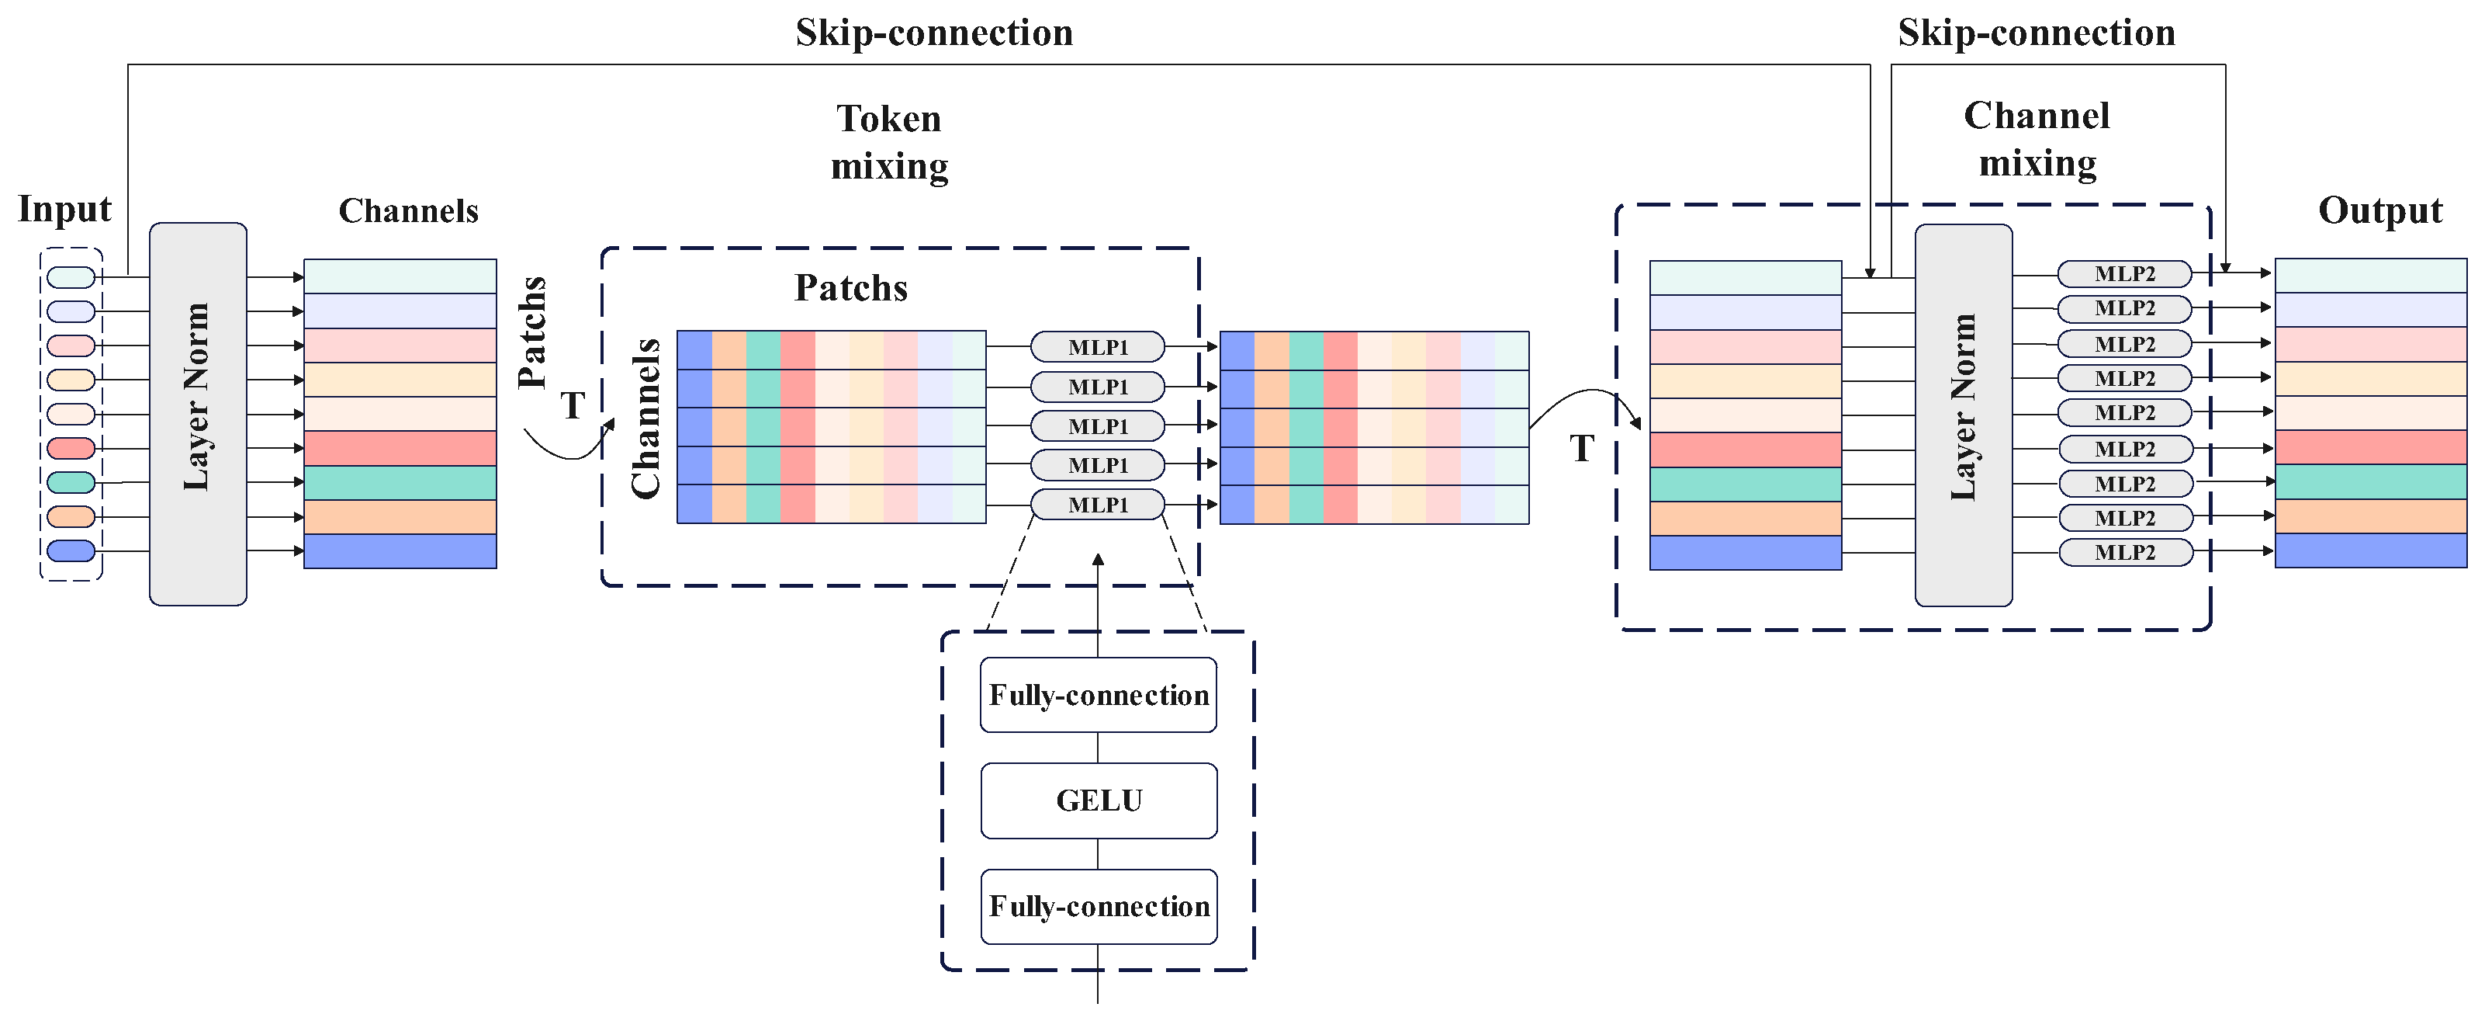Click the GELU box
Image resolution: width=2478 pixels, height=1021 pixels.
(1099, 800)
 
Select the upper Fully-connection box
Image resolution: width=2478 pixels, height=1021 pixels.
(1099, 695)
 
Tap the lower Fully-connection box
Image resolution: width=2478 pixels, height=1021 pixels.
(1099, 907)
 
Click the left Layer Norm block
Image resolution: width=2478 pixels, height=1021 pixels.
(197, 414)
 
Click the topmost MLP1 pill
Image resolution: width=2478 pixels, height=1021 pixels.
(1098, 346)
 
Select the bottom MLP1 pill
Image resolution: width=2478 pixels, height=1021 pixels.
(1098, 504)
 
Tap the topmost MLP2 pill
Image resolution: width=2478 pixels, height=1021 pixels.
(2124, 273)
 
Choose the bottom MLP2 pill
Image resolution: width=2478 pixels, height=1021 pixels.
(2124, 552)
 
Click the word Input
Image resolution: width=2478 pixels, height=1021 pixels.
(64, 209)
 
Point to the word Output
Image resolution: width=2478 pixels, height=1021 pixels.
(2380, 210)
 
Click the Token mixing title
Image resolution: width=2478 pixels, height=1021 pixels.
(889, 141)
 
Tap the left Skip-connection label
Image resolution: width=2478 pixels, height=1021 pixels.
(933, 33)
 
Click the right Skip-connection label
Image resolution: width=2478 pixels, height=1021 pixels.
(2036, 33)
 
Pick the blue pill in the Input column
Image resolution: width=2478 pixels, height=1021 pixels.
(71, 550)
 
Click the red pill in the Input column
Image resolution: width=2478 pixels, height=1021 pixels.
(71, 447)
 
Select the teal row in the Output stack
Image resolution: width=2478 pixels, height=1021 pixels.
(2370, 481)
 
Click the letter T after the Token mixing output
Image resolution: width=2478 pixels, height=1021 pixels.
(1581, 449)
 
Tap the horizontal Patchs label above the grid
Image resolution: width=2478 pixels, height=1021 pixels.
(850, 288)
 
